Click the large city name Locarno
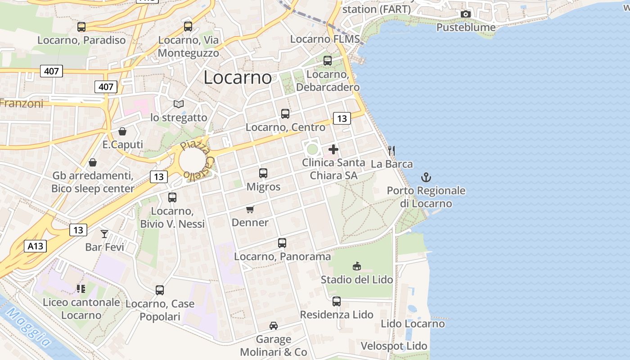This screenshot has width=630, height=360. coord(238,77)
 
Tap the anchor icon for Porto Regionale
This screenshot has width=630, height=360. coord(426,177)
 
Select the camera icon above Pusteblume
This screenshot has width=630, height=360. coord(466,14)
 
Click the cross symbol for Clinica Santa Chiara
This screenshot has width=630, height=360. coord(333,149)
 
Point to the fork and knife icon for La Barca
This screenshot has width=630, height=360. coord(391,151)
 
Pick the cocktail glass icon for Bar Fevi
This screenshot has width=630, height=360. coord(104,234)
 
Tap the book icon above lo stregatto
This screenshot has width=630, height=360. coord(179,104)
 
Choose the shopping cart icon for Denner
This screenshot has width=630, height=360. coord(250,209)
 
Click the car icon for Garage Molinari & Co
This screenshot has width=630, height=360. coord(273,325)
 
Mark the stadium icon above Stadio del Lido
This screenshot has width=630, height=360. coord(357,266)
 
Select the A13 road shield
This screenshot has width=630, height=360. coord(35,246)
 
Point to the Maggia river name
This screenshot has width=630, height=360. coord(28,327)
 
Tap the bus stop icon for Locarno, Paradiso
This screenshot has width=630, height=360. coord(81,27)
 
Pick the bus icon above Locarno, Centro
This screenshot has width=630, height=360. coord(285,114)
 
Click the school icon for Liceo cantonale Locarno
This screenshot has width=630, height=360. coord(81,289)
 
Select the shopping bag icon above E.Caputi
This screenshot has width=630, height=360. coord(122,131)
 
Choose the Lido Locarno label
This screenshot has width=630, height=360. coord(413,324)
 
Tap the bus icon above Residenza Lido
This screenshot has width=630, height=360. coord(337,301)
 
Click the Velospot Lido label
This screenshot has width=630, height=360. coord(394,346)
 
